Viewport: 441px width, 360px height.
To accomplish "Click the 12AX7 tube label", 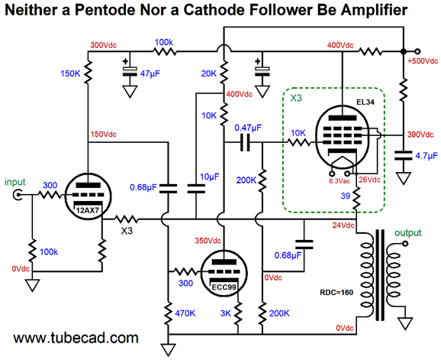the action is pos(88,210).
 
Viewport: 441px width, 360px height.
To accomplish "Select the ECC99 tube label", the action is pos(224,287).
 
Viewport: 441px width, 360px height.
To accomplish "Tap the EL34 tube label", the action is pos(365,102).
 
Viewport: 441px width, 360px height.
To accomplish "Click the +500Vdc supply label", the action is pos(423,61).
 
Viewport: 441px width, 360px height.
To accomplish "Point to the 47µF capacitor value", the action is pos(150,74).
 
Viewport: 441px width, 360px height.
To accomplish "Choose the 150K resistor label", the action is pos(70,74).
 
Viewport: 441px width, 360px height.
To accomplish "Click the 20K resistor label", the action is pos(209,74).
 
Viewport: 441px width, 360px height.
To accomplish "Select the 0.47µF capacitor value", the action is pos(248,128).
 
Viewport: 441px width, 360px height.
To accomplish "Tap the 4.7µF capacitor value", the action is pos(427,156).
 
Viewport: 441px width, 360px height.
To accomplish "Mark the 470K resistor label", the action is pos(185,313).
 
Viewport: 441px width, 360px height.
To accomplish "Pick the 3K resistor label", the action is pos(226,313).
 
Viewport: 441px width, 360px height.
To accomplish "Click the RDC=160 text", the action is pos(336,293).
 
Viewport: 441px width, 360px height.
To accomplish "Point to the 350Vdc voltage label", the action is pos(208,241).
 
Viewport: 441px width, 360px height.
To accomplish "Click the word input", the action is pos(15,182).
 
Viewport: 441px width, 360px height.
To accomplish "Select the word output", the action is pos(408,232).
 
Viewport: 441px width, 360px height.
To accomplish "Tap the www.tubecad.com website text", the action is pos(76,338).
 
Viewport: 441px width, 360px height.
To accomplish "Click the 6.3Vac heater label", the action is pos(340,181).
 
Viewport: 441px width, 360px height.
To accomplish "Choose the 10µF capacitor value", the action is pos(210,177).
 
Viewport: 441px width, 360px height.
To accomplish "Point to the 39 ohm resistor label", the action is pos(346,196).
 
